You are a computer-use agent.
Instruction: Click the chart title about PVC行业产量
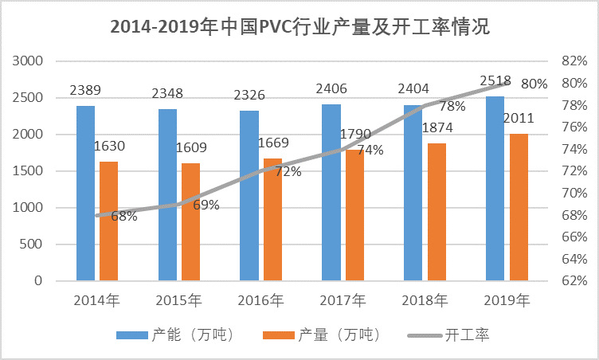[299, 26]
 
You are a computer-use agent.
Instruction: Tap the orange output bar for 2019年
[519, 207]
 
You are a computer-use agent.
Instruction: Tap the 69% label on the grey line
[206, 205]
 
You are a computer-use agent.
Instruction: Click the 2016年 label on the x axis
[261, 300]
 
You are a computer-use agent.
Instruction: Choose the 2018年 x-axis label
[425, 300]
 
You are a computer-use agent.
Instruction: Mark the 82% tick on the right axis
[574, 61]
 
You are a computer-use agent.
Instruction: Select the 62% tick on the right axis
[574, 281]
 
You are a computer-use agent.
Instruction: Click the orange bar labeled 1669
[272, 219]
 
